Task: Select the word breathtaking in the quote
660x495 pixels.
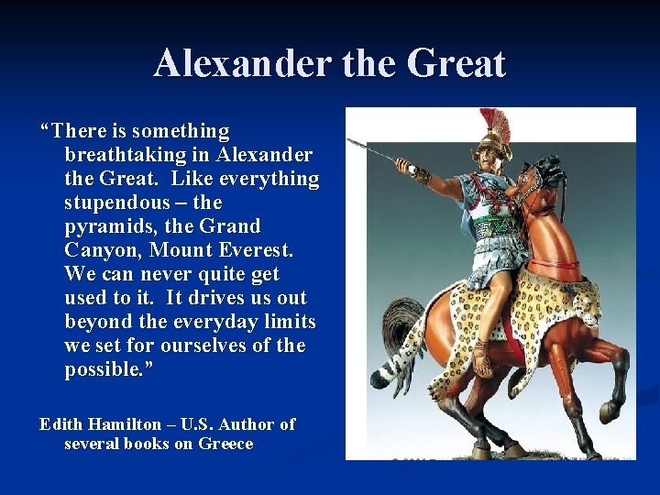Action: click(125, 154)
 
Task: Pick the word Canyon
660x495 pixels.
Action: click(100, 249)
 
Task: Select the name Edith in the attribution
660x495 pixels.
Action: click(60, 424)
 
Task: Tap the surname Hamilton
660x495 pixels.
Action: click(126, 424)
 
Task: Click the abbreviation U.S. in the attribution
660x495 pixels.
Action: click(200, 424)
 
